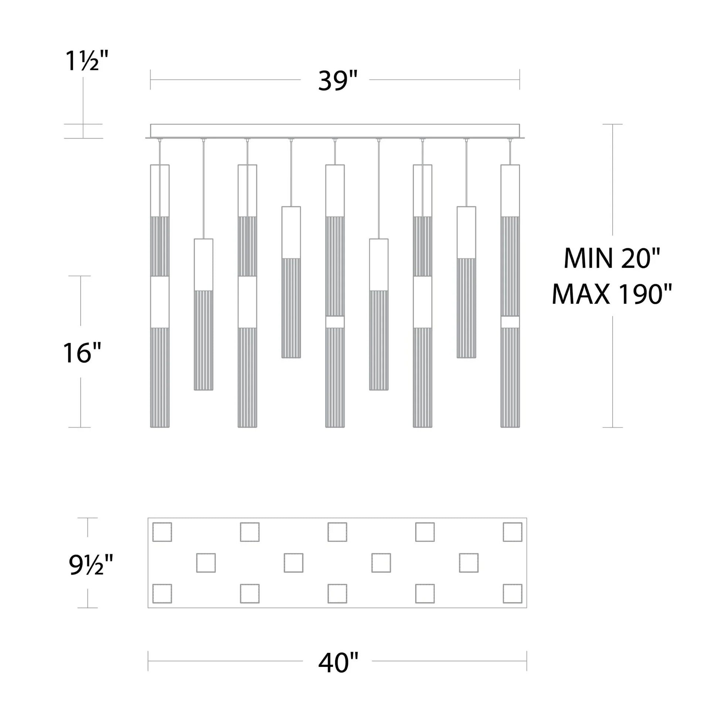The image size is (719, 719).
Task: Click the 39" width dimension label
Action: [337, 81]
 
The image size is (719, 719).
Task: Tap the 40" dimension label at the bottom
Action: [338, 663]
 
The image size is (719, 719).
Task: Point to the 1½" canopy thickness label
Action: [87, 60]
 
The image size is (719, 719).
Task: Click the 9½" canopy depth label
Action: [91, 565]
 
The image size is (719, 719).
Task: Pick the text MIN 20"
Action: [611, 258]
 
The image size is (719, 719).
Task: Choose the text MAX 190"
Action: [611, 294]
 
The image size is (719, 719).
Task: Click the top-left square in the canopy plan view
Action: [162, 532]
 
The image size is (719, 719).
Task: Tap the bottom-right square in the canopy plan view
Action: [512, 594]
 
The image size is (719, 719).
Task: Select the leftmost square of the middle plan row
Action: [206, 563]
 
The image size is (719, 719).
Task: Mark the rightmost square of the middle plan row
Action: [468, 563]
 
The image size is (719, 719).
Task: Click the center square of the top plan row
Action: [337, 532]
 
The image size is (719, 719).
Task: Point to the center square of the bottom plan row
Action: [337, 594]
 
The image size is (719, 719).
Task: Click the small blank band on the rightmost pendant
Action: [510, 322]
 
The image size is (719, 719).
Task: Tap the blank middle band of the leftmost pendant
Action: [160, 302]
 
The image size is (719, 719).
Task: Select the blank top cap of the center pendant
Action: [335, 191]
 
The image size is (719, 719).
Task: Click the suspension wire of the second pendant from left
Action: [204, 190]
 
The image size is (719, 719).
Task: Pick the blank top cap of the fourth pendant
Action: [291, 232]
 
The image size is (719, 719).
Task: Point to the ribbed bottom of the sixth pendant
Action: [379, 340]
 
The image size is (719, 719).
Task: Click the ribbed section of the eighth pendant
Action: [466, 308]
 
